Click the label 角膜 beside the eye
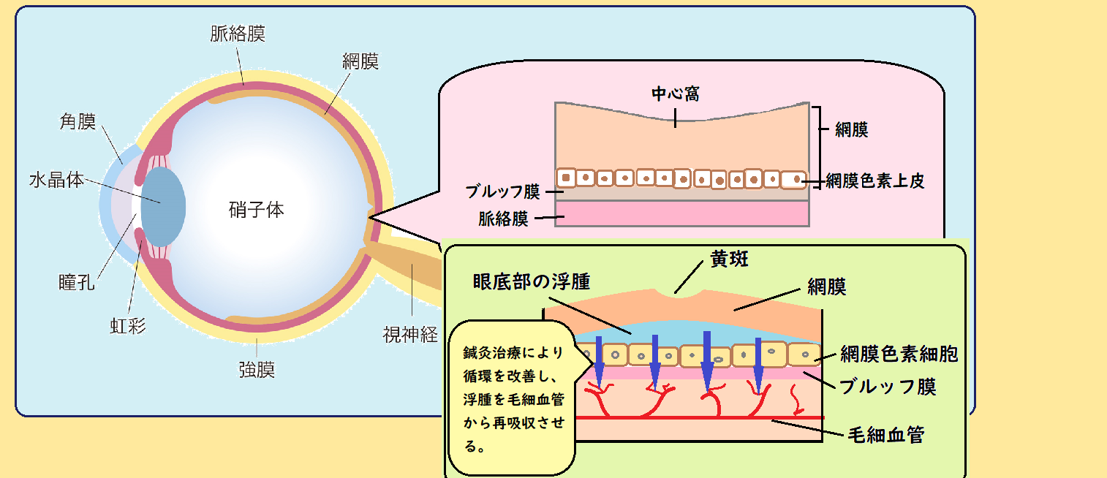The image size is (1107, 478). [x=78, y=122]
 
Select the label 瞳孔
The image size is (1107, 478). [x=77, y=283]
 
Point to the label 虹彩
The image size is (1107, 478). [x=128, y=325]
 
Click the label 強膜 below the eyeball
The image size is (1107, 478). [x=257, y=369]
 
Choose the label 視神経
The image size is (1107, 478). [x=410, y=335]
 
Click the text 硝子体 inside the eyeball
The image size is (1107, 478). [x=256, y=210]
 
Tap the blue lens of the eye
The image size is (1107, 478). [x=162, y=205]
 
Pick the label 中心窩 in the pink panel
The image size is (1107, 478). [x=676, y=95]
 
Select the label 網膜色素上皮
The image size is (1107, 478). [x=875, y=181]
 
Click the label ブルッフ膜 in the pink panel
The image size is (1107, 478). [x=503, y=192]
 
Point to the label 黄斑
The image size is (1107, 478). [x=729, y=259]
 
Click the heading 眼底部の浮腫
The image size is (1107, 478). [x=531, y=281]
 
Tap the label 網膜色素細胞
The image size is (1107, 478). [x=899, y=354]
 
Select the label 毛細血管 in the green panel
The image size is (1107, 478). [x=885, y=436]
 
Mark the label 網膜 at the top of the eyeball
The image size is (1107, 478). [x=360, y=61]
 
